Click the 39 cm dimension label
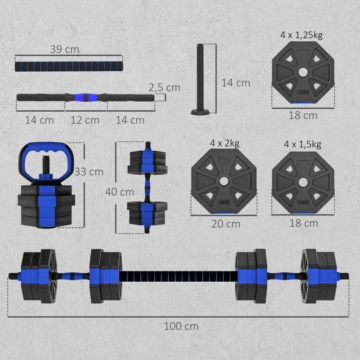[x=64, y=49]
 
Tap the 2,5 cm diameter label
[x=164, y=87]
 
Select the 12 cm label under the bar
[x=85, y=120]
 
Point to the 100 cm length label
[x=181, y=326]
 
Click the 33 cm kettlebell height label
[x=89, y=171]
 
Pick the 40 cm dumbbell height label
[x=119, y=192]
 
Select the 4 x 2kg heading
[x=224, y=143]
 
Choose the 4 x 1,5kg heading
[x=303, y=144]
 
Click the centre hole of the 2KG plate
[x=223, y=181]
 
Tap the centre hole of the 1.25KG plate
[x=303, y=72]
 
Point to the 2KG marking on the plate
[x=224, y=202]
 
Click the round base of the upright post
[x=200, y=112]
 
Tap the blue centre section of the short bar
[x=85, y=97]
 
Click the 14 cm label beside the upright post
[x=235, y=83]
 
